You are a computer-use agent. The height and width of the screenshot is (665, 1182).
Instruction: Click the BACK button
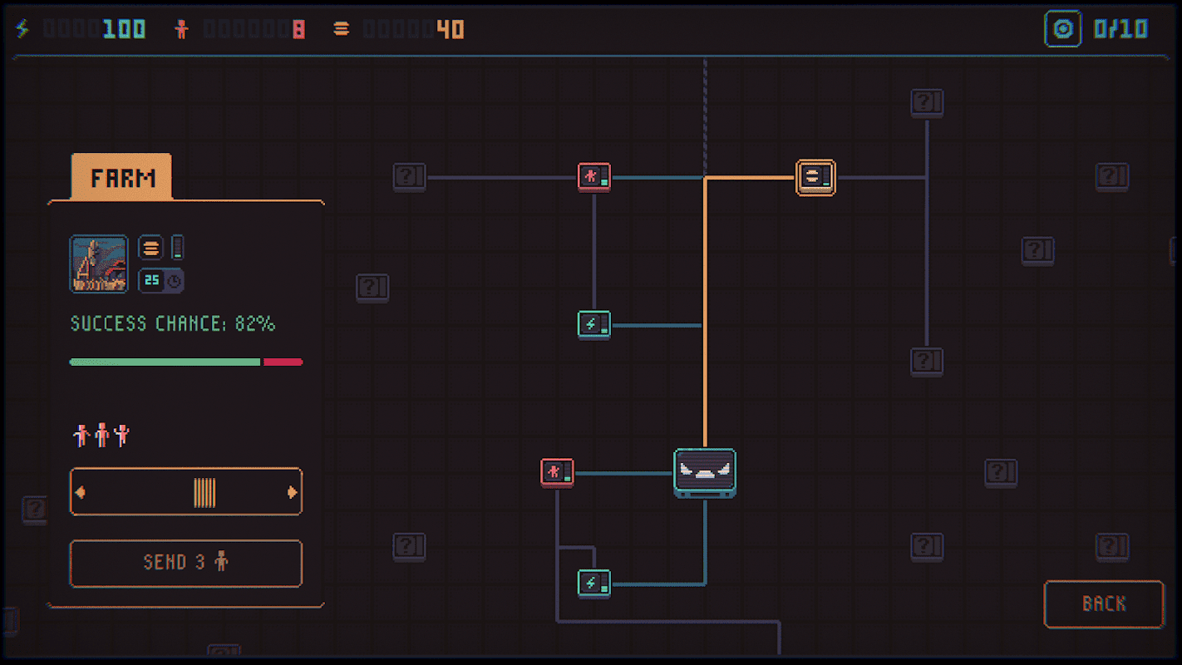pos(1103,604)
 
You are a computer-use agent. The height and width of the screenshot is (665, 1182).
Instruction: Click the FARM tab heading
pos(122,178)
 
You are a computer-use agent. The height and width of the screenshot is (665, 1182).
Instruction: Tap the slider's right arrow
pos(292,492)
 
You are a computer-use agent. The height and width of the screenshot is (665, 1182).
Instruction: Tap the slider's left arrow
pos(81,492)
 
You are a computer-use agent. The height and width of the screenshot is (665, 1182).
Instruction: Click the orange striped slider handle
pos(204,492)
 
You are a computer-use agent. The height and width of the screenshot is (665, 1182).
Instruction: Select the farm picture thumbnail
pos(99,264)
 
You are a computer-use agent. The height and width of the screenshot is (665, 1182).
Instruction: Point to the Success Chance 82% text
pos(172,324)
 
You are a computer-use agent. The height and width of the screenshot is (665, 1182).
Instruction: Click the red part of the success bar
pos(283,362)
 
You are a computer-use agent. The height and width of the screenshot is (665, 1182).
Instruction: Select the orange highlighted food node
pos(815,177)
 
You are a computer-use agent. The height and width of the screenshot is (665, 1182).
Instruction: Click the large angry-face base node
pos(705,473)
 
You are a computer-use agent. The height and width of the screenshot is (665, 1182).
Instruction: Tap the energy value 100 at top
pos(124,30)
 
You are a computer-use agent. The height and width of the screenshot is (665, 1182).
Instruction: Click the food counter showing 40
pos(451,30)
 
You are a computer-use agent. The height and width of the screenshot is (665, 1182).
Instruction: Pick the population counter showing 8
pos(298,30)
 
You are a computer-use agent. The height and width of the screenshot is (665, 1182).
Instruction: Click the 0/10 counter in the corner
pos(1120,30)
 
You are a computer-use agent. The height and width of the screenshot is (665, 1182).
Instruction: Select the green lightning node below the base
pos(593,584)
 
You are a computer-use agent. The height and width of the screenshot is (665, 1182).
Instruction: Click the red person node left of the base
pos(556,472)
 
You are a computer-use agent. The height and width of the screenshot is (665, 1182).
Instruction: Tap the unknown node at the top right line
pos(926,103)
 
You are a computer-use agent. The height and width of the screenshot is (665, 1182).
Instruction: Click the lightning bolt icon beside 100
pos(22,29)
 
